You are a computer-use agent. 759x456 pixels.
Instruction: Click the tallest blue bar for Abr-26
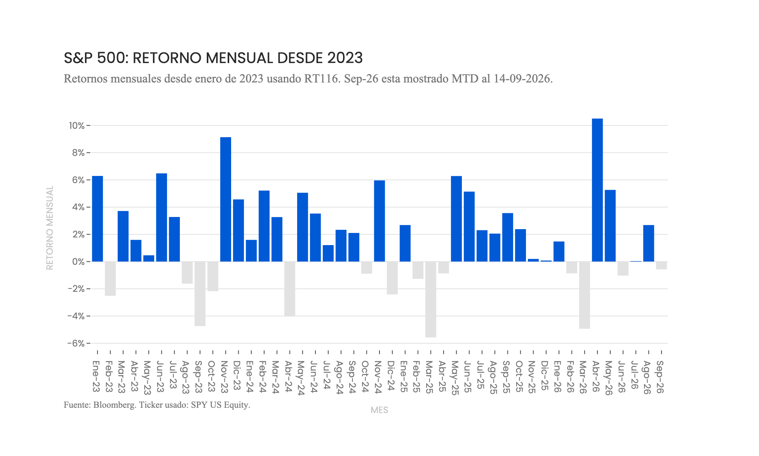click(x=597, y=190)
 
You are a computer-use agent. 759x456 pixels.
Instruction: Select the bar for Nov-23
click(x=226, y=199)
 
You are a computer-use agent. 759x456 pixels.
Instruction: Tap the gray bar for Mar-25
click(x=431, y=299)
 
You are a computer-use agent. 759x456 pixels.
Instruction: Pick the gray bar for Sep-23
click(x=200, y=294)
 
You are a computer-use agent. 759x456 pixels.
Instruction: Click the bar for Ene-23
click(x=98, y=218)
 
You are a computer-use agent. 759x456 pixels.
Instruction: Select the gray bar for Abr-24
click(x=290, y=289)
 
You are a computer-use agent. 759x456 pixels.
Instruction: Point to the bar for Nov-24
click(x=379, y=221)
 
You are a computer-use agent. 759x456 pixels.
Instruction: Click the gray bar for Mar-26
click(x=584, y=295)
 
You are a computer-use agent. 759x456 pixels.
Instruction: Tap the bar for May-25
click(x=457, y=218)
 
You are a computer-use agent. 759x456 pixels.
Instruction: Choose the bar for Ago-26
click(x=649, y=243)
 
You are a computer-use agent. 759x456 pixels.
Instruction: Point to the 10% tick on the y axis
click(x=88, y=125)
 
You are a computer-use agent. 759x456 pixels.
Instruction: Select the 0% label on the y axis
click(x=79, y=261)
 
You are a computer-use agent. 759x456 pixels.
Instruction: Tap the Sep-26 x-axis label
click(x=660, y=377)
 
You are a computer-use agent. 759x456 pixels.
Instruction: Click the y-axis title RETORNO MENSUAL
click(x=50, y=228)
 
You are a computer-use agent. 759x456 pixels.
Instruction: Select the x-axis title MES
click(x=379, y=410)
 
